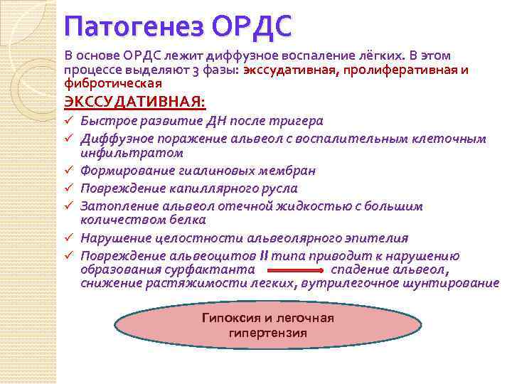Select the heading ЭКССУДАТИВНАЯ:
(135, 103)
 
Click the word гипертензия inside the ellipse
(268, 333)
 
